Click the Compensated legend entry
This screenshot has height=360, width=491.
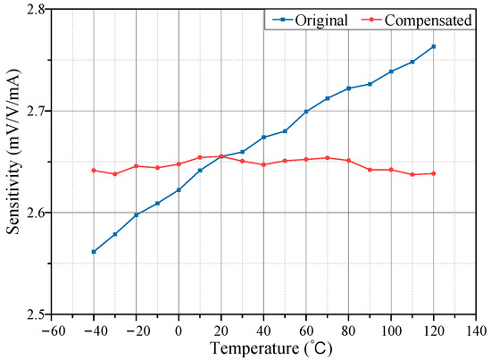click(x=419, y=20)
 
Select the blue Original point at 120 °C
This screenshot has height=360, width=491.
click(x=434, y=46)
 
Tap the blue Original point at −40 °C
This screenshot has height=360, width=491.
click(x=94, y=252)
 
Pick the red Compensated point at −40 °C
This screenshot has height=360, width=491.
click(x=94, y=170)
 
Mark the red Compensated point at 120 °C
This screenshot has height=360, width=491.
click(x=434, y=173)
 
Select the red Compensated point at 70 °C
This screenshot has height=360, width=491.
click(x=328, y=158)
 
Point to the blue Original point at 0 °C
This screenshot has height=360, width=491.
click(x=179, y=189)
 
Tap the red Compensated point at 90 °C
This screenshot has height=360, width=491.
click(x=370, y=170)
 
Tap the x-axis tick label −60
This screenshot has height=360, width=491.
click(x=50, y=329)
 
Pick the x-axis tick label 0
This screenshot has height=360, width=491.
click(x=179, y=329)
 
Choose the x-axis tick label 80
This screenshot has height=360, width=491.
click(x=349, y=329)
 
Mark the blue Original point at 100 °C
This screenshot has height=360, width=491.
click(x=391, y=71)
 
